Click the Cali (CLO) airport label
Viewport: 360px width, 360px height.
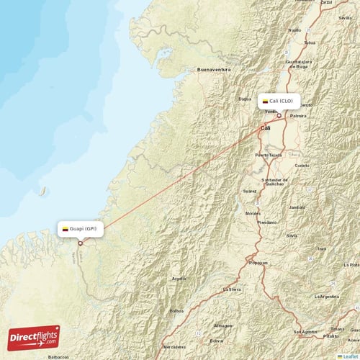(x=280, y=102)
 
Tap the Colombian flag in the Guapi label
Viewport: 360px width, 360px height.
(x=66, y=229)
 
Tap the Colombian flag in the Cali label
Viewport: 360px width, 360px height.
(x=265, y=102)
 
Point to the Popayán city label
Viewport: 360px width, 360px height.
(x=258, y=263)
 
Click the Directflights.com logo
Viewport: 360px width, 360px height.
(x=34, y=336)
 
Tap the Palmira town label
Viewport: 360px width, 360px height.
(x=297, y=115)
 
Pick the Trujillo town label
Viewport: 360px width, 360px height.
(x=294, y=30)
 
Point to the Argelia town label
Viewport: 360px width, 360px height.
(x=179, y=278)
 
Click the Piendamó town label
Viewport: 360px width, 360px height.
(x=266, y=222)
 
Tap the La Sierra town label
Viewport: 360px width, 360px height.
(x=232, y=289)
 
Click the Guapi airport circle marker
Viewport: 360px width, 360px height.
(x=81, y=243)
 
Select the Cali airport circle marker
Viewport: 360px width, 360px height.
(x=279, y=115)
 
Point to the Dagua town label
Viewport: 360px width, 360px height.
(x=244, y=99)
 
